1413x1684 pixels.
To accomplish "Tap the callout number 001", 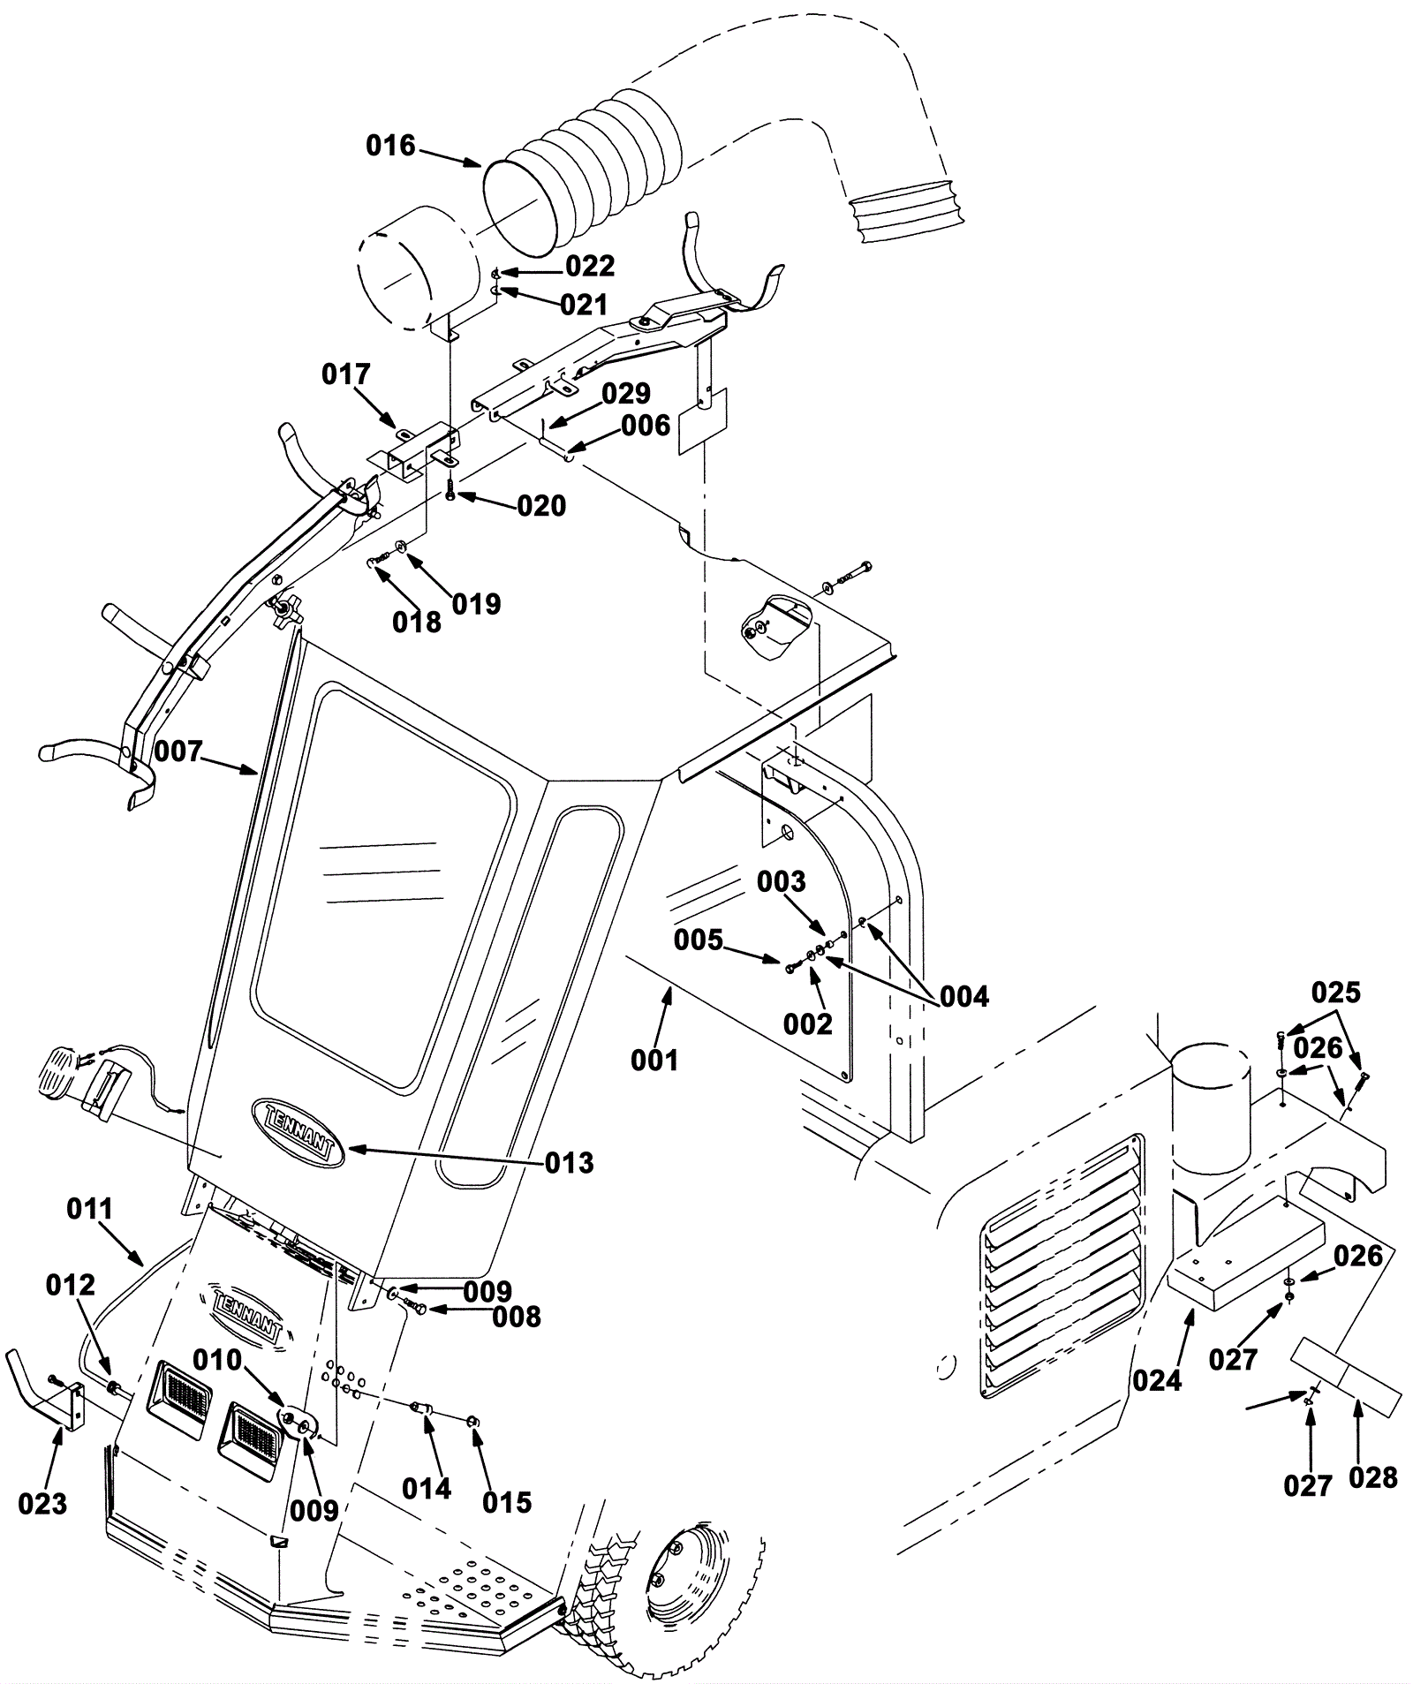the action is (x=654, y=1060).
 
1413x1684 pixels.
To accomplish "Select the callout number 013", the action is (x=570, y=1163).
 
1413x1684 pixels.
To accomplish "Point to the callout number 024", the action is (x=1157, y=1379).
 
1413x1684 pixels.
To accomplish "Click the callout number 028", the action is (x=1374, y=1477).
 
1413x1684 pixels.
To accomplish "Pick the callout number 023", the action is (x=42, y=1503).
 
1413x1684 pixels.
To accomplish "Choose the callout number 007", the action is (x=179, y=752).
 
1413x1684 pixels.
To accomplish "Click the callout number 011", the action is (x=91, y=1209).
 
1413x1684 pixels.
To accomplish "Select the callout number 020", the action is (x=541, y=506).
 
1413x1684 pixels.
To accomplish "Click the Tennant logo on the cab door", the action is (x=298, y=1132).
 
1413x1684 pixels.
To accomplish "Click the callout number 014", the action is (x=427, y=1488).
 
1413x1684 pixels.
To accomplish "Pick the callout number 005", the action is (x=699, y=940).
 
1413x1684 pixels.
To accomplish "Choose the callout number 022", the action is (x=590, y=266).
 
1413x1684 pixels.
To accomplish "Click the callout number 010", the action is (x=217, y=1361).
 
